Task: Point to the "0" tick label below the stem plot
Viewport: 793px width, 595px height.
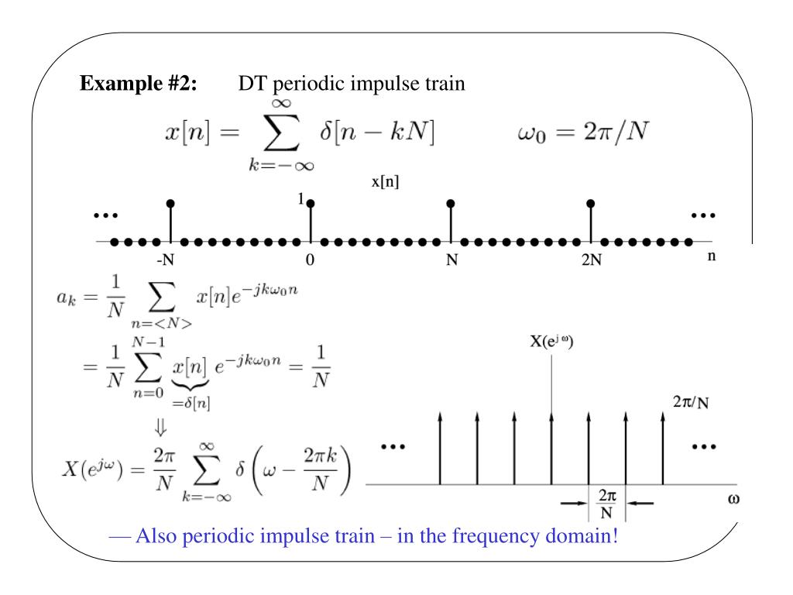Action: (x=310, y=260)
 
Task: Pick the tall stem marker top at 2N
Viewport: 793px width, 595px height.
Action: (x=591, y=203)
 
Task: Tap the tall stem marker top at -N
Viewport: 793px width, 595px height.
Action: (x=170, y=203)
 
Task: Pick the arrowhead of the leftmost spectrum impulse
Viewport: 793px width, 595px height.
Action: (x=440, y=418)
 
